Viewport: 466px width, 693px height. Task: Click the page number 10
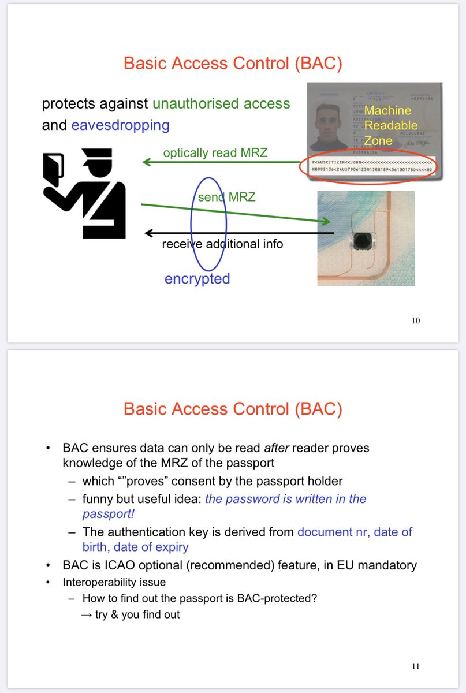(x=416, y=321)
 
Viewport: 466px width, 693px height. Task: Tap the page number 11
(x=416, y=666)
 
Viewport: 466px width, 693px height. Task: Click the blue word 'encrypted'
(x=197, y=279)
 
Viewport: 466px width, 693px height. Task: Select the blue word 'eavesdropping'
(x=120, y=125)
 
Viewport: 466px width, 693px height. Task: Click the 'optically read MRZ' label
(x=215, y=153)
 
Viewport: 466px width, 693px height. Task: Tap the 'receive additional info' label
(x=222, y=244)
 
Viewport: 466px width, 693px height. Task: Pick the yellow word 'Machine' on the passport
(x=387, y=110)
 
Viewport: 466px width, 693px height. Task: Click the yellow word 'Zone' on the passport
(x=378, y=140)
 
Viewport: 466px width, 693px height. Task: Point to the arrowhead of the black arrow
(x=148, y=233)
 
